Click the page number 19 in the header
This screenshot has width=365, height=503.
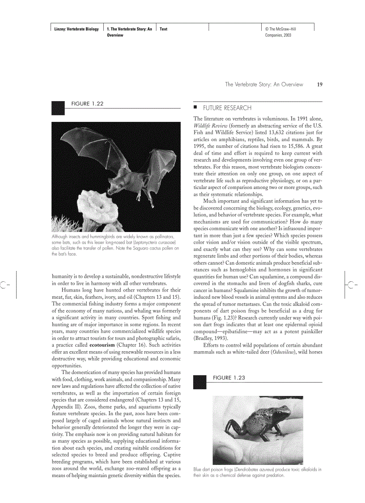pyautogui.click(x=319, y=84)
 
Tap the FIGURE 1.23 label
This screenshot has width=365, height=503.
pyautogui.click(x=229, y=378)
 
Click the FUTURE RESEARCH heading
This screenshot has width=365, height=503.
pyautogui.click(x=227, y=108)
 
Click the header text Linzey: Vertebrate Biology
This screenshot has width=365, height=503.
pyautogui.click(x=74, y=29)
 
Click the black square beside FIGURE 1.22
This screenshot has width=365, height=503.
pyautogui.click(x=58, y=107)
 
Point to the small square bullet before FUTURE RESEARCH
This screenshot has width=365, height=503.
pyautogui.click(x=195, y=107)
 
